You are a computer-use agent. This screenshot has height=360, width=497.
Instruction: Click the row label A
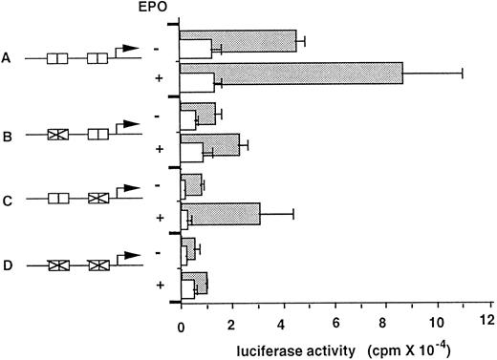[x=8, y=58]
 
